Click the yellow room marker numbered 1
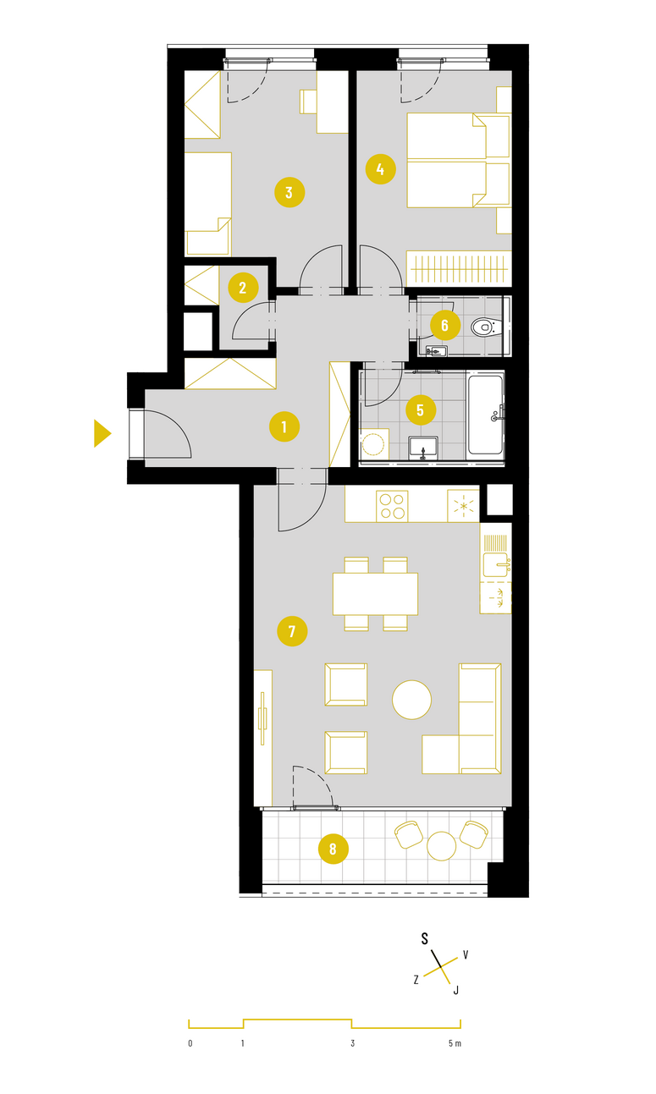tap(284, 427)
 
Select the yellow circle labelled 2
tap(243, 288)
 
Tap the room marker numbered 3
tap(289, 192)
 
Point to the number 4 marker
tap(381, 169)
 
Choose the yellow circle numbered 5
tap(421, 410)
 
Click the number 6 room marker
tap(445, 325)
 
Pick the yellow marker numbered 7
tap(292, 631)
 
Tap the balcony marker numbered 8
tap(334, 849)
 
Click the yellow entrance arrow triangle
tap(102, 433)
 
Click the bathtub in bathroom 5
tap(486, 414)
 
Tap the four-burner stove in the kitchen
tap(392, 506)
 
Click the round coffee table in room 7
tap(411, 700)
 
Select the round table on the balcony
tap(442, 846)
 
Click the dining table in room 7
tap(375, 594)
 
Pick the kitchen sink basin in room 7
tap(496, 565)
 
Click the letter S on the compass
tap(425, 938)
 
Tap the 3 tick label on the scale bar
tap(352, 1044)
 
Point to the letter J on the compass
tap(455, 990)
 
